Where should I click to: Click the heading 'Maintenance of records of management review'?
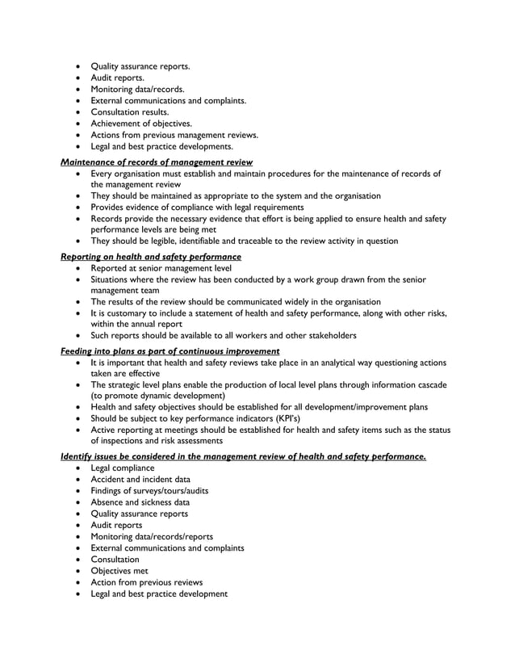[157, 162]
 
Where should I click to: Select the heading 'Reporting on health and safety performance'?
[151, 257]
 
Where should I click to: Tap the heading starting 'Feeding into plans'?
[170, 351]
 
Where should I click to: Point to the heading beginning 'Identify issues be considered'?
[243, 457]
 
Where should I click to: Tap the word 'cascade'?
[429, 384]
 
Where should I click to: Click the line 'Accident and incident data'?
[140, 479]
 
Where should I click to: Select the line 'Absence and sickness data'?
[140, 501]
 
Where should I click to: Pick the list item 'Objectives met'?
[119, 570]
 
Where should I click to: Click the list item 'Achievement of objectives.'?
[141, 124]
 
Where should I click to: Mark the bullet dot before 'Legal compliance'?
[78, 468]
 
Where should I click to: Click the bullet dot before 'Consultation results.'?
[78, 112]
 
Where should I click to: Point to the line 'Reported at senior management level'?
[161, 267]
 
